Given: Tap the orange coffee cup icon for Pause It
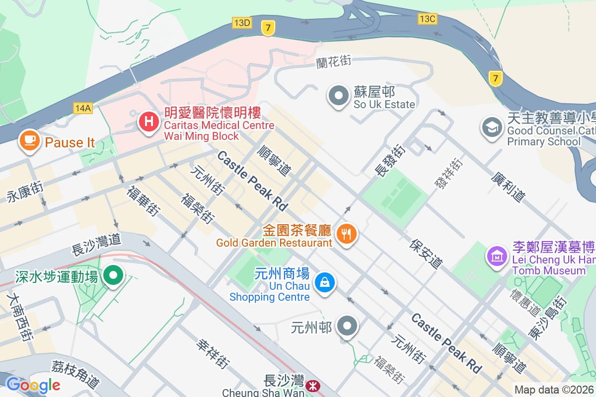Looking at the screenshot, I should click(x=30, y=140).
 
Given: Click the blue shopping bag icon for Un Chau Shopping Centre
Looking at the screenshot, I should click(x=325, y=283).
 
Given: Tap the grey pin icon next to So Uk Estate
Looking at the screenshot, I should click(x=339, y=95).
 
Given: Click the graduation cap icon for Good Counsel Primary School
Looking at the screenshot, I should click(x=492, y=128).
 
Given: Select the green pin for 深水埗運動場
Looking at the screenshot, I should click(x=114, y=274).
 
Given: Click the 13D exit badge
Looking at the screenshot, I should click(x=242, y=22).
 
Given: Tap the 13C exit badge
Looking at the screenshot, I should click(x=427, y=19).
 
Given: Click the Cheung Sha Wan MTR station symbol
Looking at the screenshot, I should click(x=313, y=386).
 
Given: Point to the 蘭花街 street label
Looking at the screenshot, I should click(x=334, y=62).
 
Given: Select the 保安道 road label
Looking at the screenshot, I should click(x=426, y=254).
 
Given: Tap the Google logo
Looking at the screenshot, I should click(x=33, y=385).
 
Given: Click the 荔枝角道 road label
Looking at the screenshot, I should click(x=75, y=374).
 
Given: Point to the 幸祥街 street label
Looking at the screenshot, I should click(x=213, y=353).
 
